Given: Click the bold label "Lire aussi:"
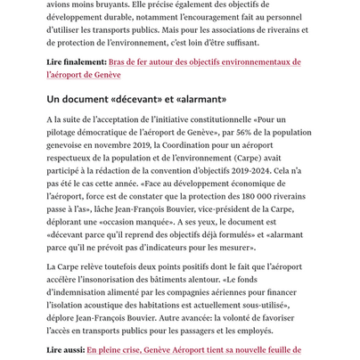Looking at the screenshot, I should [65, 351].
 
